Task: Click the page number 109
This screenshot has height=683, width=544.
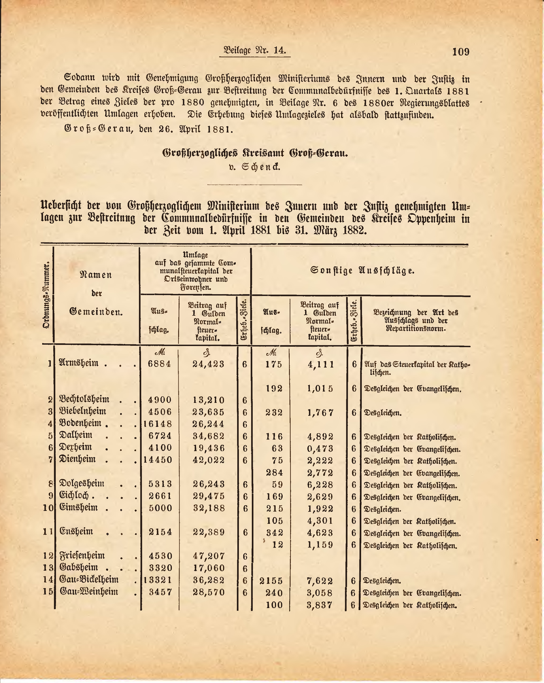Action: (461, 51)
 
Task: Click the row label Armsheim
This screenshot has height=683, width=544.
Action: (79, 363)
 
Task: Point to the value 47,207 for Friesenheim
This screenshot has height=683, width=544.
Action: (209, 556)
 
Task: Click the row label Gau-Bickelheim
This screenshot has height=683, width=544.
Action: (89, 580)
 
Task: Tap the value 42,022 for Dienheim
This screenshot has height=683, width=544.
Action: (209, 460)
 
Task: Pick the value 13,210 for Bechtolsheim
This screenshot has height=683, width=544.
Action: (209, 400)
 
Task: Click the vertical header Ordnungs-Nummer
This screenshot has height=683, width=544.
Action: (47, 295)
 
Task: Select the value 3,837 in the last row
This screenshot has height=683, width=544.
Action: (320, 605)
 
